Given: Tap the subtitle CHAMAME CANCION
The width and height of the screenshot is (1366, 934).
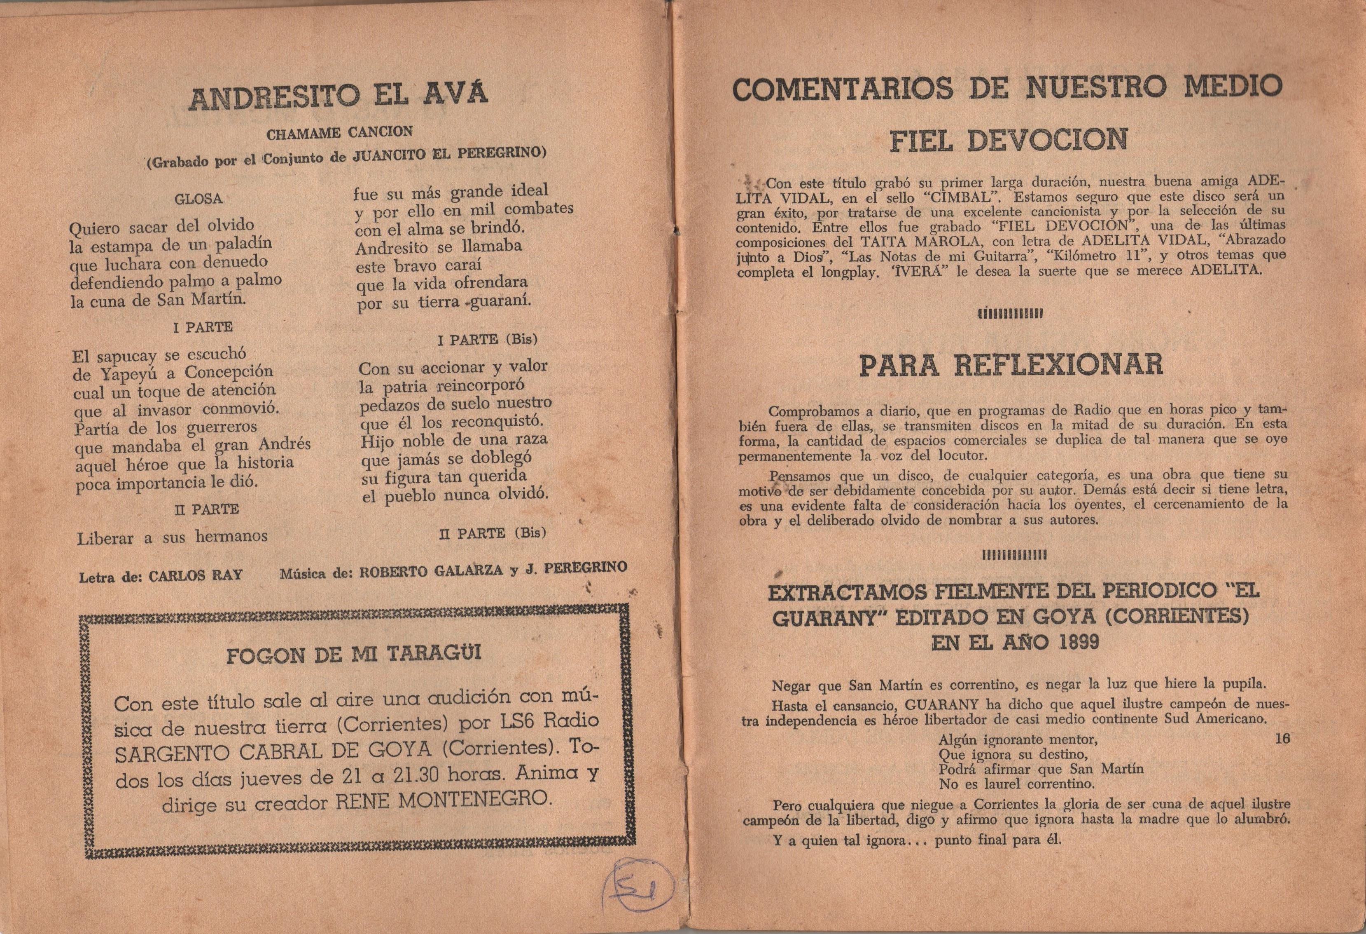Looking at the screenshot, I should (339, 133).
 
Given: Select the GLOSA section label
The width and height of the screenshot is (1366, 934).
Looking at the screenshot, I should (198, 199).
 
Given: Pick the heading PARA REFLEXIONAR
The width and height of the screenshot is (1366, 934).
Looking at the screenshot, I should (1011, 365).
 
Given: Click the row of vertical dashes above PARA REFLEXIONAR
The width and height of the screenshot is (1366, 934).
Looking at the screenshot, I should (1010, 314).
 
